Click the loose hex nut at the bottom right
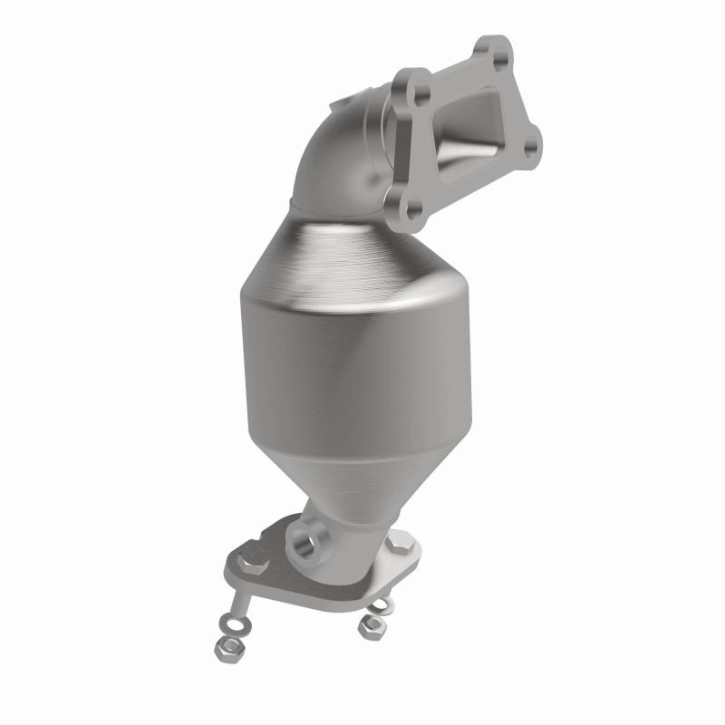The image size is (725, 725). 370,626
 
